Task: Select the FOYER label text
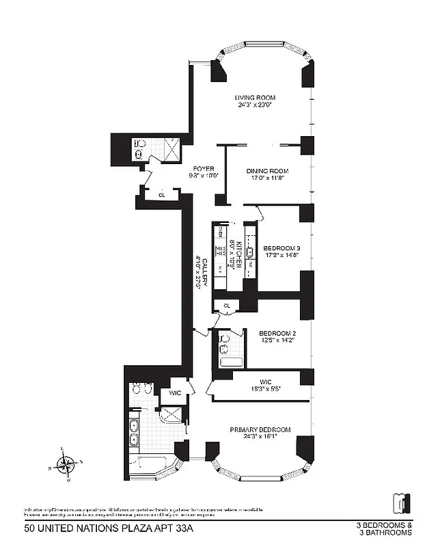203,168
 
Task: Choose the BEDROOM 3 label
281,248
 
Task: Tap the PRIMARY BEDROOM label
260,430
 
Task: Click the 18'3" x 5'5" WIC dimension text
266,389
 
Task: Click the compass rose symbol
65,465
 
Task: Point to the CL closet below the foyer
161,195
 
